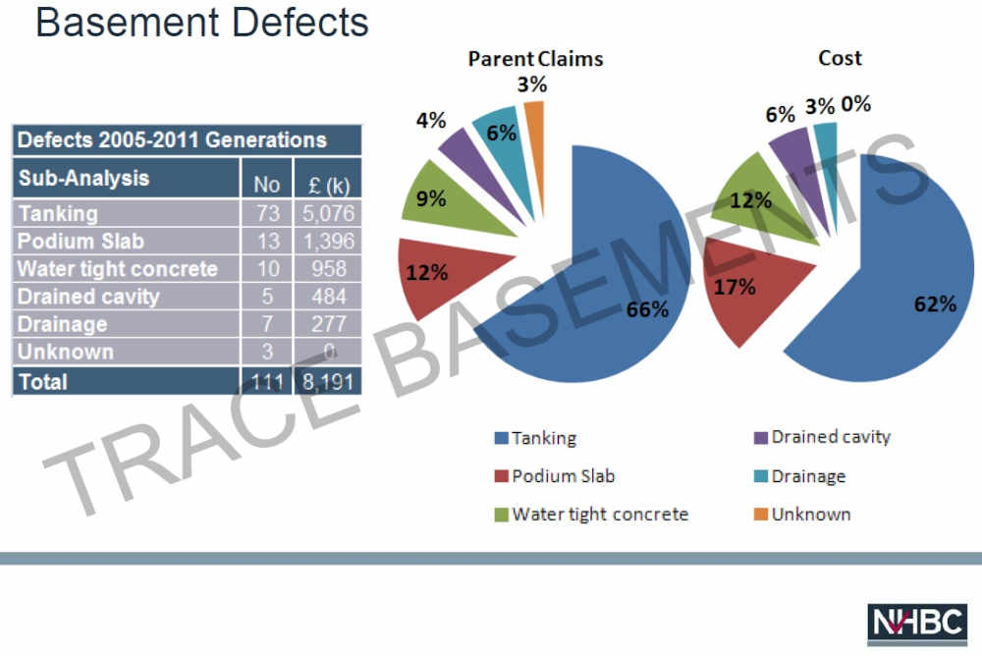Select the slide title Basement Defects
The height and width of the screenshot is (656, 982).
pos(201,22)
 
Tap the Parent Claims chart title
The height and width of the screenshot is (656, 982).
pos(535,59)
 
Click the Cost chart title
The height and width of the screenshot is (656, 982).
pos(840,58)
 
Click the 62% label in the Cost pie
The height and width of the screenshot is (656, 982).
pos(935,303)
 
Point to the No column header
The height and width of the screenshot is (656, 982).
pos(267,184)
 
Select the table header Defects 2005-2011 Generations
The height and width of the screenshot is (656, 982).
pos(172,139)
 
